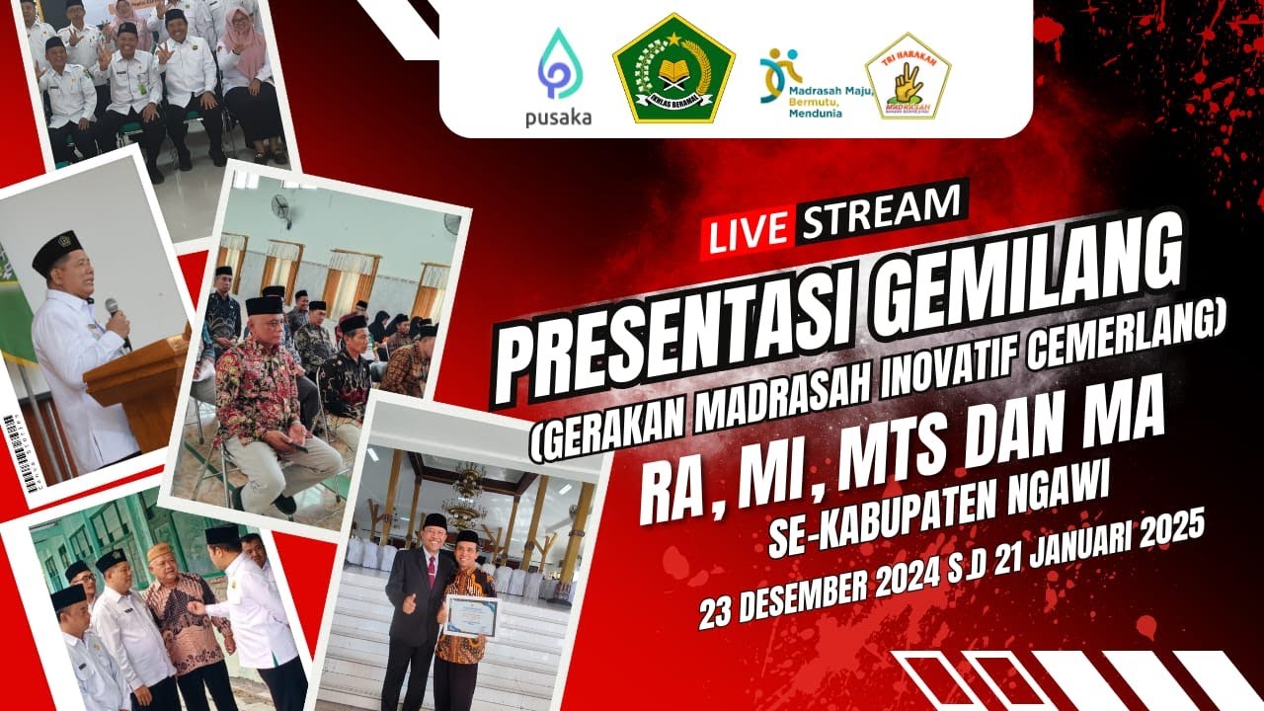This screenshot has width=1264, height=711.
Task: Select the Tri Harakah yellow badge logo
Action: (x=908, y=77)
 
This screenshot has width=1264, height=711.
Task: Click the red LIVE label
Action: (x=748, y=231)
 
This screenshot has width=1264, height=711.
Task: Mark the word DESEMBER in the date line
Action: (x=810, y=591)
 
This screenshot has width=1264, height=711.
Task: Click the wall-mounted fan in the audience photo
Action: (x=280, y=210)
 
